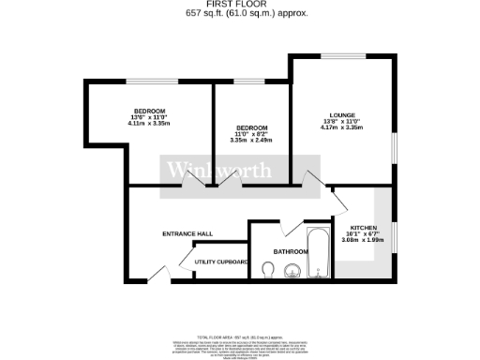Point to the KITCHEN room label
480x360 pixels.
click(363, 229)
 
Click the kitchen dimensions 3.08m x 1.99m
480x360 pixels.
click(363, 242)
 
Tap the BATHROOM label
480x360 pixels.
click(291, 252)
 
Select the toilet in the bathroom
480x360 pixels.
click(268, 271)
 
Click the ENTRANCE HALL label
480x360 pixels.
click(187, 233)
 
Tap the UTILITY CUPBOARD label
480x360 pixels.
click(221, 262)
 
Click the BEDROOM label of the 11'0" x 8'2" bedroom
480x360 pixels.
click(252, 127)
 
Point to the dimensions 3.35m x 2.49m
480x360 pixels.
click(252, 141)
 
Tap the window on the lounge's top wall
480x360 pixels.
click(338, 57)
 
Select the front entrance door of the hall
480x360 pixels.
click(155, 275)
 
